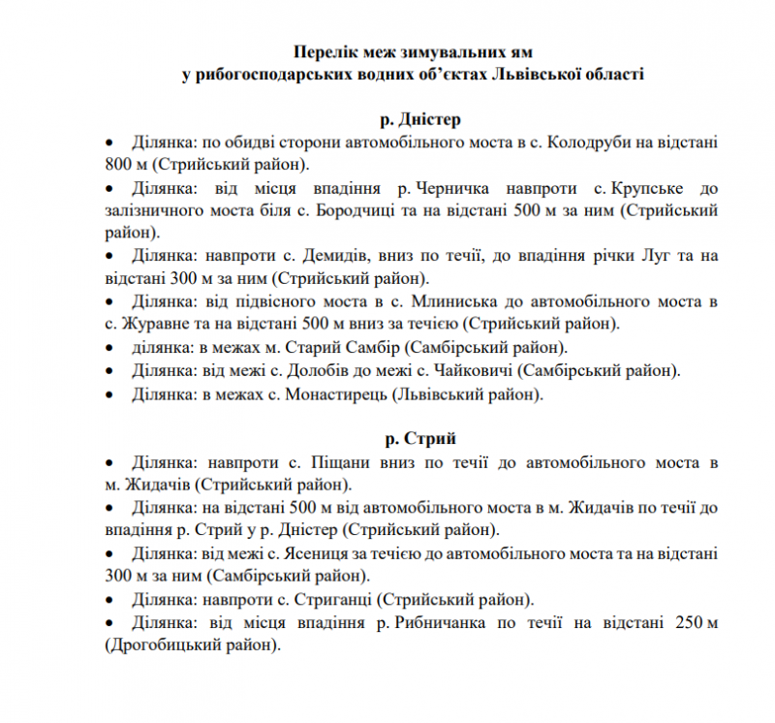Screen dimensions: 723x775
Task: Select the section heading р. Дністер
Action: coord(419,120)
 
